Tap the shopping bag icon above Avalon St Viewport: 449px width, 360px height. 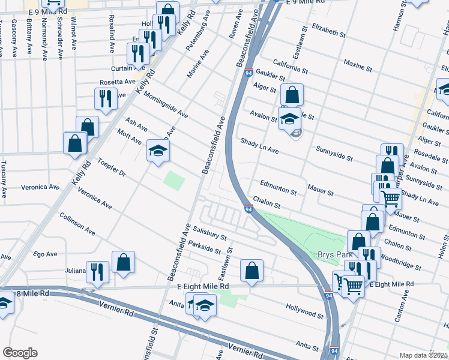tap(292, 94)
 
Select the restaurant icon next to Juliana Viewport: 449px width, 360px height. tap(97, 271)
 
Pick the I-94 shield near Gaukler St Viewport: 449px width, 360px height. tap(247, 73)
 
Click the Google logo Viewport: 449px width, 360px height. tap(20, 353)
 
